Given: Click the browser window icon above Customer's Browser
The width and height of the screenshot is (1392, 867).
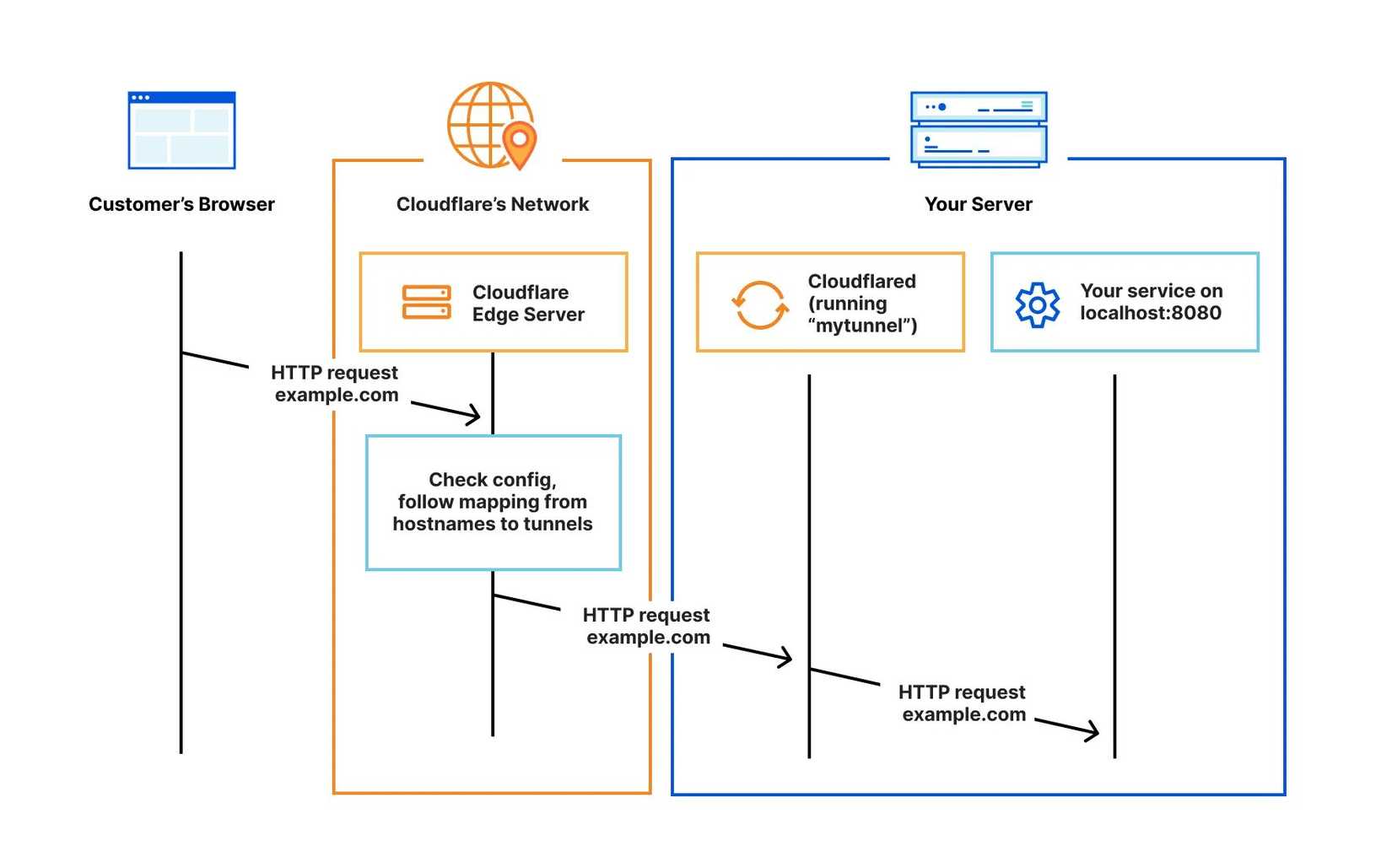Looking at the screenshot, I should click(181, 131).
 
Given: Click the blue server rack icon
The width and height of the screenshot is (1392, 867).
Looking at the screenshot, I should click(979, 129).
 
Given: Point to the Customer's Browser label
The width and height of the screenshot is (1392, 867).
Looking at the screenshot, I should click(181, 204).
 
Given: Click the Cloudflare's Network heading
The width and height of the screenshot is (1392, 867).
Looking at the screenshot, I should click(493, 204).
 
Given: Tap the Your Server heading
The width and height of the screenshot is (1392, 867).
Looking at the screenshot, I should click(978, 204).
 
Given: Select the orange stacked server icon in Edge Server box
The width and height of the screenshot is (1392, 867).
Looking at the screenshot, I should click(426, 303).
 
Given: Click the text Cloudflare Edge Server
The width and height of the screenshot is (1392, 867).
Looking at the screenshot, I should click(528, 304).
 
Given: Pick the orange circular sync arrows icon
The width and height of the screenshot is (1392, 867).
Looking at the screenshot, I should click(759, 304).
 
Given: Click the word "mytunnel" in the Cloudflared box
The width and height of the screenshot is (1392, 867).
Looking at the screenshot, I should click(861, 326).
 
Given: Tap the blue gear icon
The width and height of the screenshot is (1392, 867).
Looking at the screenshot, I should click(1037, 304).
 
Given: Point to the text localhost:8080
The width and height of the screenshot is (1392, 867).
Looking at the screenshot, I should click(1151, 313).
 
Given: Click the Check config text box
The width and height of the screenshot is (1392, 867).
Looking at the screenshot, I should click(493, 502).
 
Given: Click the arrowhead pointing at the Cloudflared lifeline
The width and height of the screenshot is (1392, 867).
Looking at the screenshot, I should click(786, 657).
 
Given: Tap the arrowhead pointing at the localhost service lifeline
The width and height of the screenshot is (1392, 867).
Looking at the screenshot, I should click(1093, 731).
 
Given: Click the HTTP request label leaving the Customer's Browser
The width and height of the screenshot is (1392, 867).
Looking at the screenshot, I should click(335, 384).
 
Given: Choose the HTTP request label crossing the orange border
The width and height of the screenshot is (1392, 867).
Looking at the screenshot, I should click(647, 626).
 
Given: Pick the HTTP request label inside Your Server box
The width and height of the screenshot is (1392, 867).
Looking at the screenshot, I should click(963, 703).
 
